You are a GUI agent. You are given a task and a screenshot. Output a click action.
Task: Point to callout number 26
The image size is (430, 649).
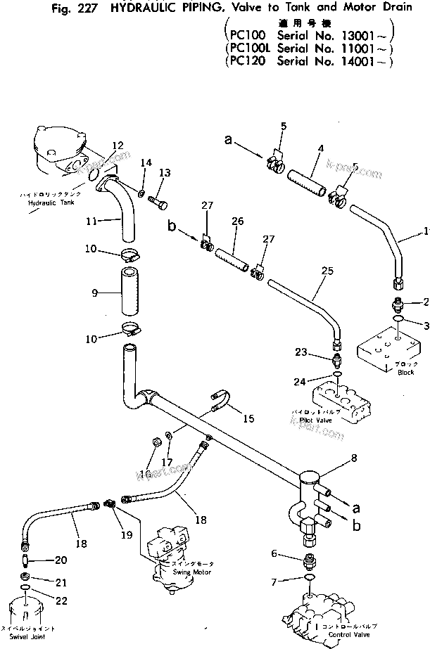(x=237, y=221)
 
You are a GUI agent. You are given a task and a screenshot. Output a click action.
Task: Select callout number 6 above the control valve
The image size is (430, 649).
(x=274, y=554)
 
